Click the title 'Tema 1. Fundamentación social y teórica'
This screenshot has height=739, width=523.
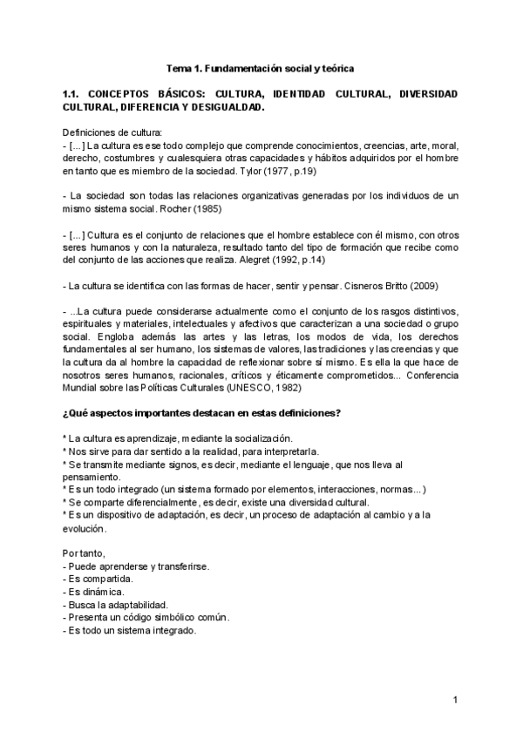pyautogui.click(x=261, y=67)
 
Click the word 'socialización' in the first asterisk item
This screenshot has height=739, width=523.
pyautogui.click(x=260, y=438)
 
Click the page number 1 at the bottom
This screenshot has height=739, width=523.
pyautogui.click(x=455, y=701)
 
